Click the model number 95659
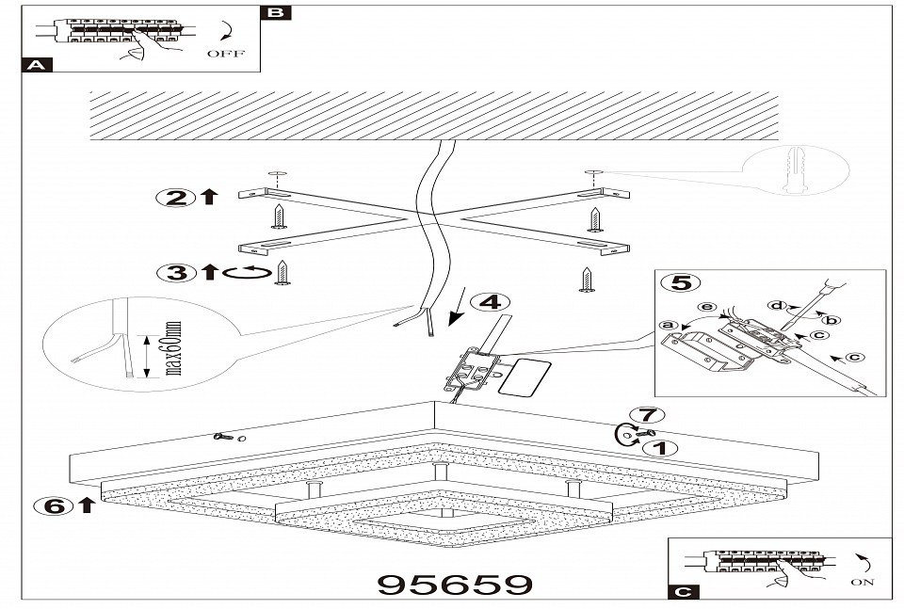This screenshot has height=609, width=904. [x=453, y=585]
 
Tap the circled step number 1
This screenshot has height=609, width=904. [x=661, y=448]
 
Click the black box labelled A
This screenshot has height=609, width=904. [x=36, y=66]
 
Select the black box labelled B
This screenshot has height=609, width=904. [x=276, y=13]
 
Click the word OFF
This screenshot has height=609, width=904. [x=225, y=54]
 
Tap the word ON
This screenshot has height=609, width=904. [x=862, y=584]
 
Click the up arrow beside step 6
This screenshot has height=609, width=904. [x=87, y=505]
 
